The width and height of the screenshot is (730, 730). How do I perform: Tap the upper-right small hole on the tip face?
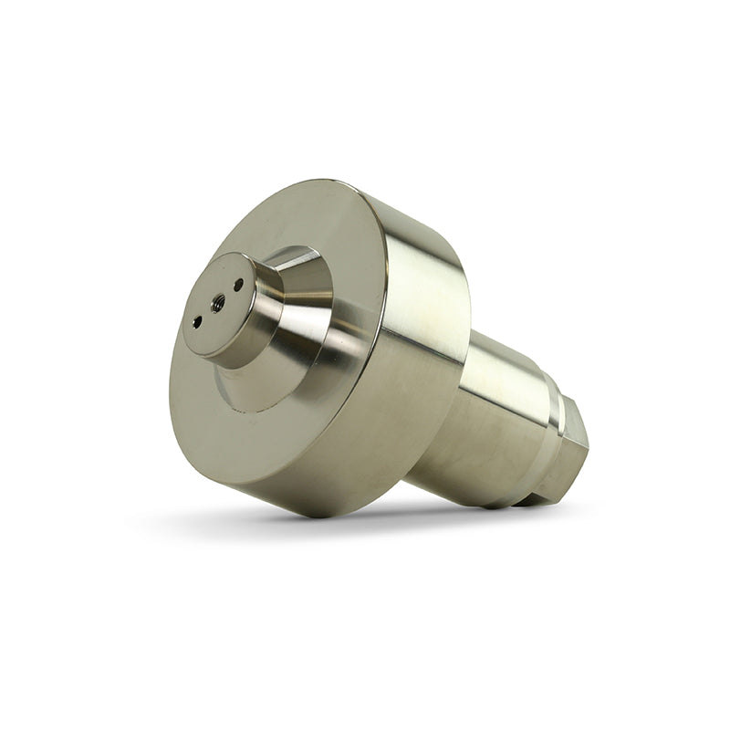point(239,285)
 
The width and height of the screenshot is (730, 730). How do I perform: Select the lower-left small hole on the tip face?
point(197,321)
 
